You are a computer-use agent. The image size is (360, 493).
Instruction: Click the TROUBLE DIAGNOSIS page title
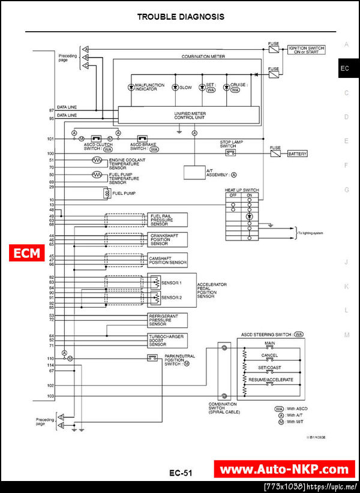pyautogui.click(x=181, y=17)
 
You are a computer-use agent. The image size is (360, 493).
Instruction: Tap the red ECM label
pyautogui.click(x=26, y=253)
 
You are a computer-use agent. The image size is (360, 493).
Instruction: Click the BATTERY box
pyautogui.click(x=298, y=154)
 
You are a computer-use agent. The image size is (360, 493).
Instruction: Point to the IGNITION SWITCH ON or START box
pyautogui.click(x=307, y=49)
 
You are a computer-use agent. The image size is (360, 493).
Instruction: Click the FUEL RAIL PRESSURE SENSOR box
pyautogui.click(x=167, y=220)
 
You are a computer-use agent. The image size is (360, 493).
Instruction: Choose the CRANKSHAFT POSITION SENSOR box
pyautogui.click(x=167, y=240)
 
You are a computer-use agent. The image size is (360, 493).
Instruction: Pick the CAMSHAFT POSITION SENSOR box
pyautogui.click(x=167, y=260)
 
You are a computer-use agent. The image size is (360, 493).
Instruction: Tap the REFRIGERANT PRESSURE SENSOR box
pyautogui.click(x=167, y=320)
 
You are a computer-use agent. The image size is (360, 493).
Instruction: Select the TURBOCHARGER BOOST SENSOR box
pyautogui.click(x=167, y=341)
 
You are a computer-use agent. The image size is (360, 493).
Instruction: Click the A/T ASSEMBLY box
pyautogui.click(x=194, y=172)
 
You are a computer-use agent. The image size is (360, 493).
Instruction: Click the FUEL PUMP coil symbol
pyautogui.click(x=106, y=194)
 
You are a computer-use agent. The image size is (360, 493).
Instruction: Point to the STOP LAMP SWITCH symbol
pyautogui.click(x=230, y=153)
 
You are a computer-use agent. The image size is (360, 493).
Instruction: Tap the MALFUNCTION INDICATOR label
pyautogui.click(x=149, y=88)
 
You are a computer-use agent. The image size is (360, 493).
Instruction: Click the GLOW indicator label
pyautogui.click(x=185, y=88)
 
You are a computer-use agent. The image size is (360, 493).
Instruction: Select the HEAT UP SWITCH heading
pyautogui.click(x=242, y=190)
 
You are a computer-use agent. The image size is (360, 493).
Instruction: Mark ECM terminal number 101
pyautogui.click(x=51, y=139)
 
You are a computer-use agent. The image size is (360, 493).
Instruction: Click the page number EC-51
pyautogui.click(x=180, y=473)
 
